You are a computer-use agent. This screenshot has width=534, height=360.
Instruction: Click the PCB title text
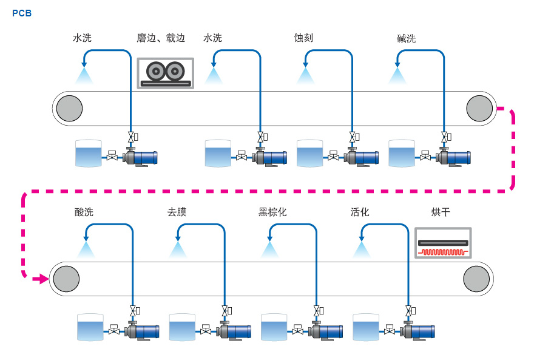[22, 13]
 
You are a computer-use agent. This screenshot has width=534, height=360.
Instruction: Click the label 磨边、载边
[161, 38]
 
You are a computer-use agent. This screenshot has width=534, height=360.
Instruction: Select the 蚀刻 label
[303, 38]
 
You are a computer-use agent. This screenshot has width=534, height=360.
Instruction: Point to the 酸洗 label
[84, 212]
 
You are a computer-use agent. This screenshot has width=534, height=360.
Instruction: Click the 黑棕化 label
[272, 212]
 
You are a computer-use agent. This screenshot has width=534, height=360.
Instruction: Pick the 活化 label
[360, 212]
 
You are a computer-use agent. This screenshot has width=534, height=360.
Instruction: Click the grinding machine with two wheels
[165, 73]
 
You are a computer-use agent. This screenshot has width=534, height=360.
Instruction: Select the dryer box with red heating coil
[443, 243]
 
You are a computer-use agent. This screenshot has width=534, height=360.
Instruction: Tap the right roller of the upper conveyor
[479, 108]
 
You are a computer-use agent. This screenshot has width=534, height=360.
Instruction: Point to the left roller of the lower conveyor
[65, 279]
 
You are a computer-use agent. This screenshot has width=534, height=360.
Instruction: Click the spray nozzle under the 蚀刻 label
[305, 75]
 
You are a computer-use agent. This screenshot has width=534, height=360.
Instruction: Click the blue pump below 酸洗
[143, 331]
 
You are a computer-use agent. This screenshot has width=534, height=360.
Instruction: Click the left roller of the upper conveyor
[69, 108]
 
